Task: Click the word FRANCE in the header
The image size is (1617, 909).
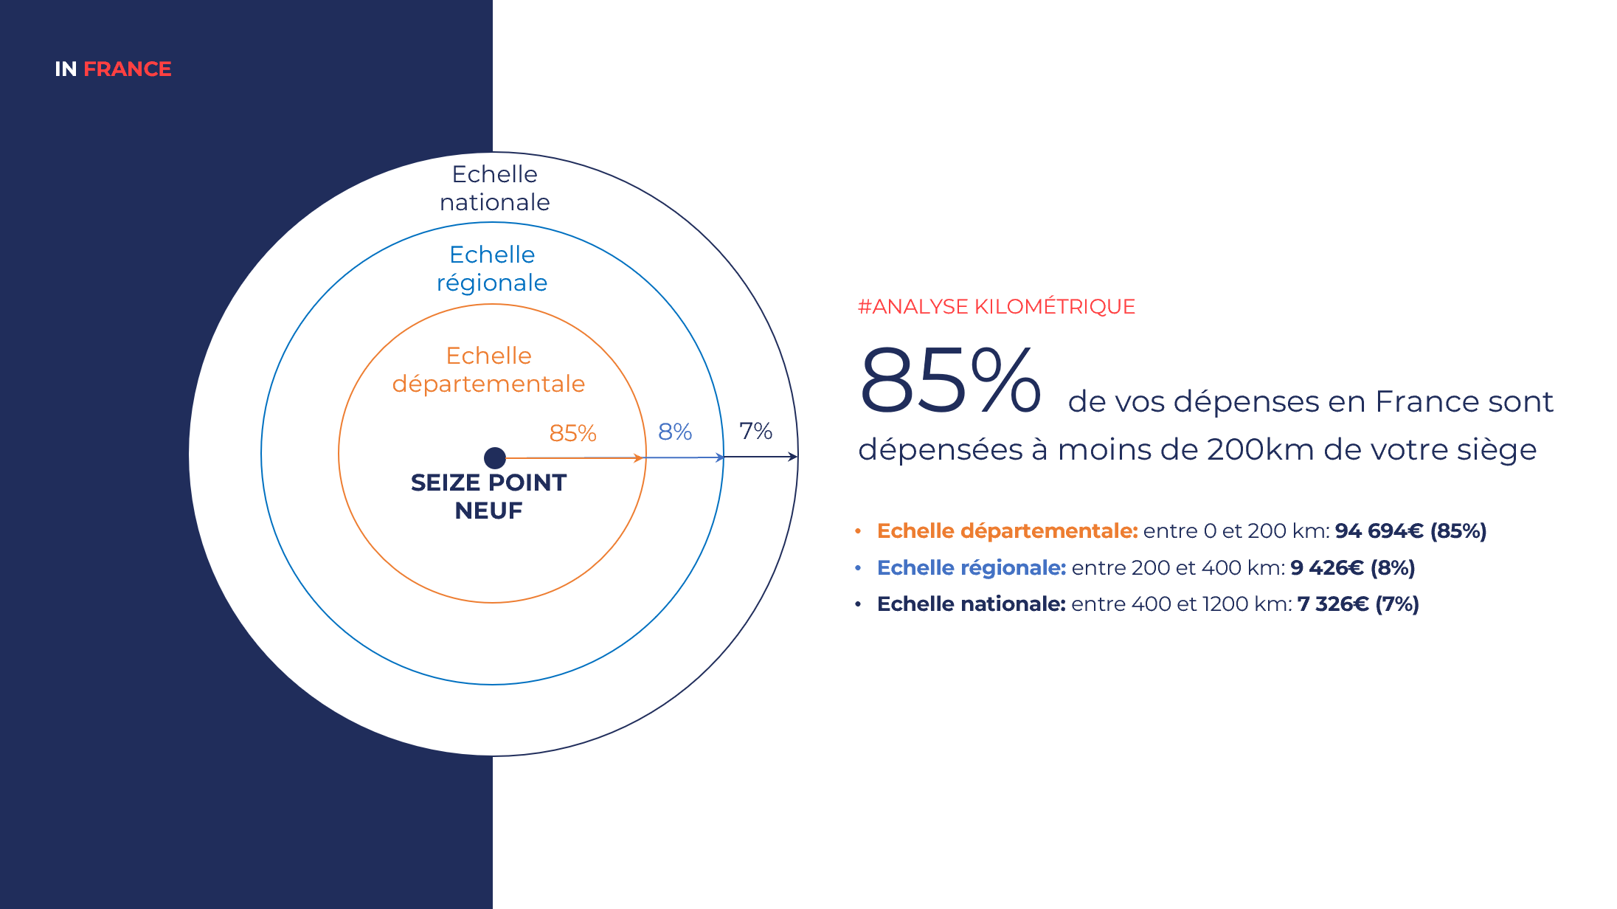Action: [x=128, y=69]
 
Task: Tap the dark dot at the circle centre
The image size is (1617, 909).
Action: [x=495, y=458]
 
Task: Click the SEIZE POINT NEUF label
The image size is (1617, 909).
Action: [x=488, y=497]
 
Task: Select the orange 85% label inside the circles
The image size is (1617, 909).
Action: [x=572, y=433]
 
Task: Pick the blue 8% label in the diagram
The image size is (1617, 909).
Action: [x=675, y=432]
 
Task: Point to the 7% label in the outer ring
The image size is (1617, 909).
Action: [x=756, y=431]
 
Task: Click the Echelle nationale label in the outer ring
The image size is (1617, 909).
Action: [x=495, y=188]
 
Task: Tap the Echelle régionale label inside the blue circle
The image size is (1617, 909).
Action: [x=492, y=269]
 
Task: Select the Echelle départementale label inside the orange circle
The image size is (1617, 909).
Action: [x=488, y=370]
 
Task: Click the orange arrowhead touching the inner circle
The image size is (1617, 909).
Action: [x=640, y=458]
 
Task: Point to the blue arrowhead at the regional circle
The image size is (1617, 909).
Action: [x=720, y=457]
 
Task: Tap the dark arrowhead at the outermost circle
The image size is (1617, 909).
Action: [x=793, y=457]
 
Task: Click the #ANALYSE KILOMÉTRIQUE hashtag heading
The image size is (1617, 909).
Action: [x=997, y=306]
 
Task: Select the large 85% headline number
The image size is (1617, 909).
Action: [x=951, y=379]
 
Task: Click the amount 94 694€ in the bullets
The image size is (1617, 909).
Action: [x=1379, y=530]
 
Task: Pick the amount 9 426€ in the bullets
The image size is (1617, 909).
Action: [x=1327, y=567]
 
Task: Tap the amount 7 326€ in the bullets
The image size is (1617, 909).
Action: [x=1333, y=604]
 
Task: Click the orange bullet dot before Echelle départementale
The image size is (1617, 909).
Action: [x=858, y=530]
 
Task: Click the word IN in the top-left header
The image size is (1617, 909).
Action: [x=66, y=69]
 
